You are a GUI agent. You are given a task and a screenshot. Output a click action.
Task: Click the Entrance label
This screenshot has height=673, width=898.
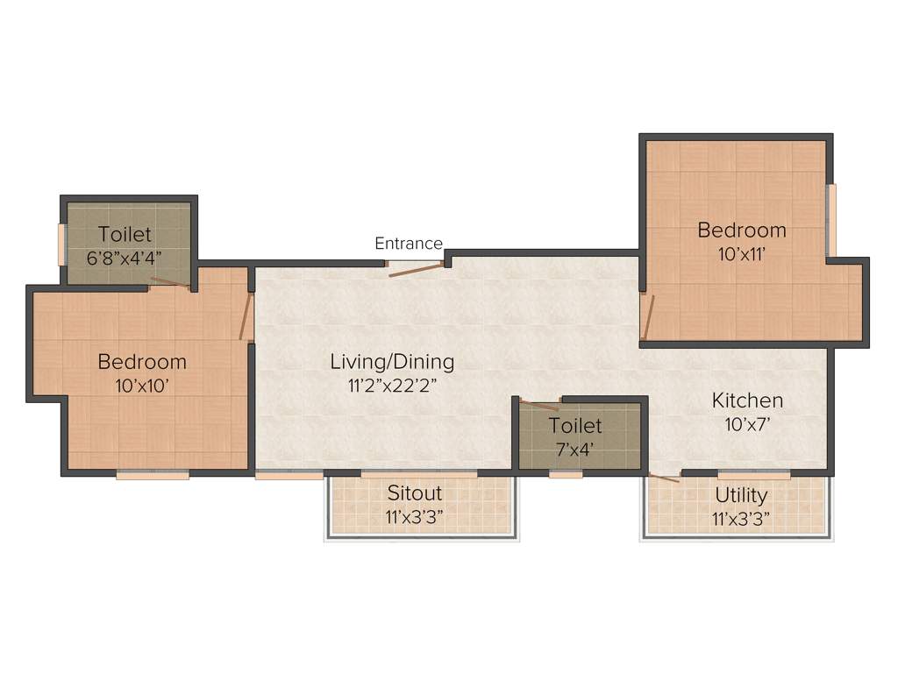(x=409, y=244)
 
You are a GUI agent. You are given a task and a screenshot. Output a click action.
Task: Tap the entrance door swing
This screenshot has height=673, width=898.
(x=417, y=269)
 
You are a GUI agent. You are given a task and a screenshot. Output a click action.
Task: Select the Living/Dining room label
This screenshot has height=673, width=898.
(x=392, y=361)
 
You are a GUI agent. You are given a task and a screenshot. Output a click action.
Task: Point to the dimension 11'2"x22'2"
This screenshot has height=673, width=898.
(x=392, y=384)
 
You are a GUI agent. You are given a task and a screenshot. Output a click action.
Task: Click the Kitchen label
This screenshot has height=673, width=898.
(x=747, y=400)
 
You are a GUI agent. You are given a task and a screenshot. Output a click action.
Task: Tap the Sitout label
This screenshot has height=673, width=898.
(x=415, y=493)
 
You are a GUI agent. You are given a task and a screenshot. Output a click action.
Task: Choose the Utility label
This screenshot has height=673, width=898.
(x=741, y=495)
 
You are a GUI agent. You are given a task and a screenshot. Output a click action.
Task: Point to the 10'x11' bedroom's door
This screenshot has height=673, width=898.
(x=647, y=317)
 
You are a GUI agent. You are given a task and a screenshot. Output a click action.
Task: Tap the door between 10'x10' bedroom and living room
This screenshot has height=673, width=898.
(x=246, y=316)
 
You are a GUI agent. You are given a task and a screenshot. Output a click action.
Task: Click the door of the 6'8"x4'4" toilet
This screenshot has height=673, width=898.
(x=169, y=283)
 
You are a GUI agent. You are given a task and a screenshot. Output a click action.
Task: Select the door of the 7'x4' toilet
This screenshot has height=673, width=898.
(x=538, y=405)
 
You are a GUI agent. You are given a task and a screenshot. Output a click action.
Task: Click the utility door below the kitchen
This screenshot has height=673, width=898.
(x=663, y=478)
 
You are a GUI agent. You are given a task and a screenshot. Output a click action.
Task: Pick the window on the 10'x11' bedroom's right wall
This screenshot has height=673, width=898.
(x=831, y=220)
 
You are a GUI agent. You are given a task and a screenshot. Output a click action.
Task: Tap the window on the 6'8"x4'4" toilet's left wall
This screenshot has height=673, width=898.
(x=62, y=244)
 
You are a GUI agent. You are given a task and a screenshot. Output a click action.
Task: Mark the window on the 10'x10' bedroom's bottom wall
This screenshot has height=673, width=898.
(x=153, y=475)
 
